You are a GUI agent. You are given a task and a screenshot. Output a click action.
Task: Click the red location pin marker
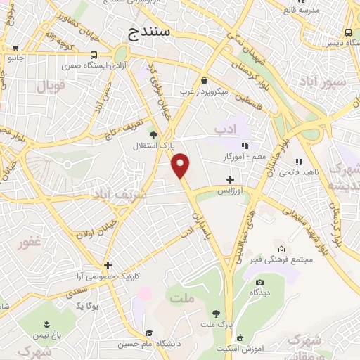[181, 165]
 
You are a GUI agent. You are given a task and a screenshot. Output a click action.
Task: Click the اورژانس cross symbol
[230, 179]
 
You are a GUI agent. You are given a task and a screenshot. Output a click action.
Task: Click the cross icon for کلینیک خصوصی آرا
[108, 265]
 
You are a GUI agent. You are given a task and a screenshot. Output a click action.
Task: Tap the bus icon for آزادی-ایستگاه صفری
[94, 56]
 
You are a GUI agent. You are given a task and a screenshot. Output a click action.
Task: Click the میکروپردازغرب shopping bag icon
[204, 80]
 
